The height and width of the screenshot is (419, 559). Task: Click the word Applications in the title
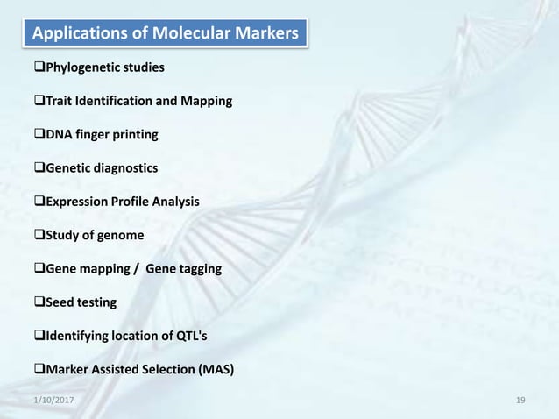click(75, 34)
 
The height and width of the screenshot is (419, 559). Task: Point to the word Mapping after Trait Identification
click(207, 102)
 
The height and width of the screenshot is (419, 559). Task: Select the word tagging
click(198, 269)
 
